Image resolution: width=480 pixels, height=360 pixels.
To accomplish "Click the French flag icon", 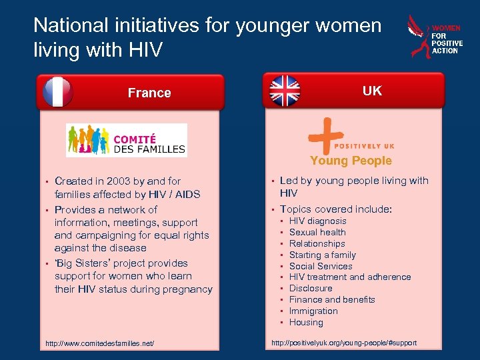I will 58,92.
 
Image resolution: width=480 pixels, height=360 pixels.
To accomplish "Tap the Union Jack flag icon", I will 285,91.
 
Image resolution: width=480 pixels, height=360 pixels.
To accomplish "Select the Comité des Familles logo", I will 127,140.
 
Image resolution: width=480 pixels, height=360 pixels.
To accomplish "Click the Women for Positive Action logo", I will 434,38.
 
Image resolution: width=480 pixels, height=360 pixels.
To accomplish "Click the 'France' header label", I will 149,93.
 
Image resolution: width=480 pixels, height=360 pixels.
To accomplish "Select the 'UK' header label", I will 372,91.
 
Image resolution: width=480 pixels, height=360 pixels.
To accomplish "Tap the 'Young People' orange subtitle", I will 351,161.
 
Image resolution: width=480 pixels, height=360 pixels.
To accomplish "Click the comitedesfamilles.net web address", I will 99,343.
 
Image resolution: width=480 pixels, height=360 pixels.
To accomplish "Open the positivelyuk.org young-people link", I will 343,343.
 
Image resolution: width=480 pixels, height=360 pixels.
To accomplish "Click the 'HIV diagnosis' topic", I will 317,221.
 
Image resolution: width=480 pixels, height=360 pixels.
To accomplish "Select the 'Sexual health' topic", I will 317,232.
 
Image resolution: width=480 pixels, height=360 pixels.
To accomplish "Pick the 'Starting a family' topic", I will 322,255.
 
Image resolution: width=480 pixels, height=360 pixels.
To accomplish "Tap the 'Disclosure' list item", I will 311,288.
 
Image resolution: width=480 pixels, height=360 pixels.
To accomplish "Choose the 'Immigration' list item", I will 313,311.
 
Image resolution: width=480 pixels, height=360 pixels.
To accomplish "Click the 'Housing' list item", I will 306,322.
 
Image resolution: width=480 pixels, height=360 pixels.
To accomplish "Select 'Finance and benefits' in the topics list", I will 332,299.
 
